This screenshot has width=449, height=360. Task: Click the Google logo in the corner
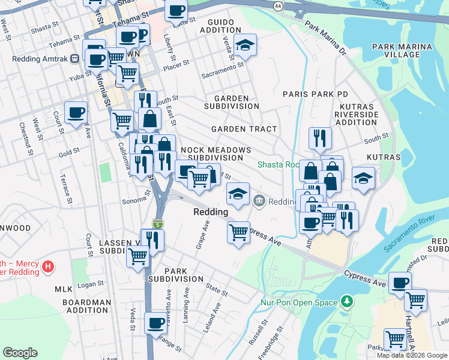(x=20, y=353)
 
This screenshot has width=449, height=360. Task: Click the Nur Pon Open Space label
(x=299, y=302)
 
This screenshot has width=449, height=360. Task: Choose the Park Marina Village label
(x=402, y=50)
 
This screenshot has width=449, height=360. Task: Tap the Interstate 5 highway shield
(x=157, y=224)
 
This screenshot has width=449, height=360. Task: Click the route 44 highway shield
(x=277, y=5)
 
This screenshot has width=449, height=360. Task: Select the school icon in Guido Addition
(x=245, y=46)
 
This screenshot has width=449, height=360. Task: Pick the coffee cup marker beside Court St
(x=76, y=113)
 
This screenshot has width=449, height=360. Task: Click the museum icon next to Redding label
(x=259, y=200)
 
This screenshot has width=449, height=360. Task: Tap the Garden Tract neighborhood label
(x=244, y=129)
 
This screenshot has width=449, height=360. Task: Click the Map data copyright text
(x=412, y=355)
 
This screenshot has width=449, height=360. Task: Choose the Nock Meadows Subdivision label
(x=212, y=153)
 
